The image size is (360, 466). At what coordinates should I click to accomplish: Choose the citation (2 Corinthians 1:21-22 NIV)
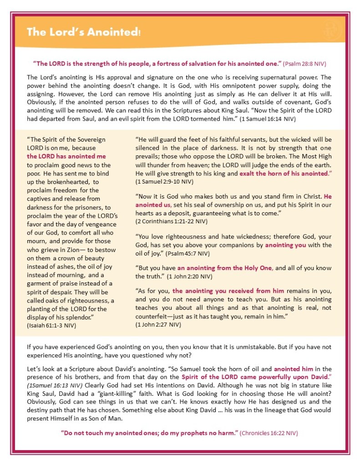(172, 221)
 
